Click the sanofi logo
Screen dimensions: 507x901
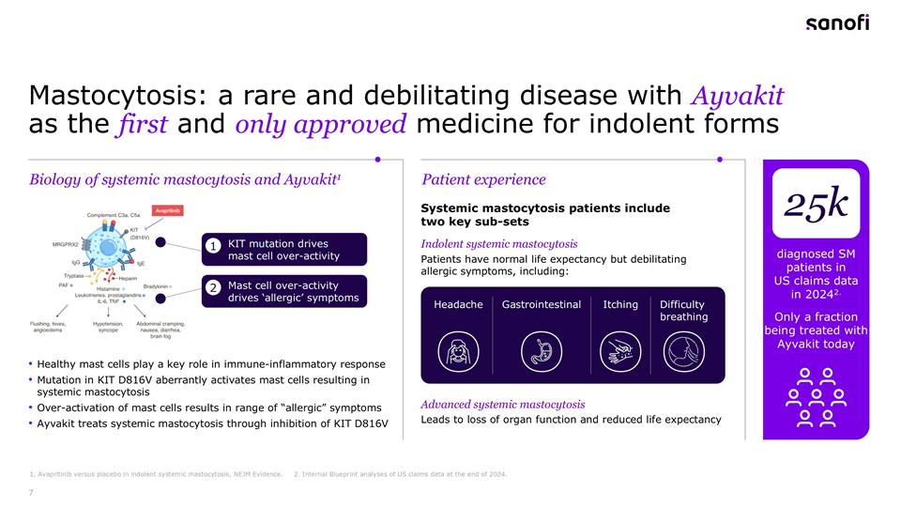837,23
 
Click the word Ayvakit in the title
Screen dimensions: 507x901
736,97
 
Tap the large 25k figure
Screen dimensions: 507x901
816,205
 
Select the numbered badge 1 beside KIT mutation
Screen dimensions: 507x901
214,246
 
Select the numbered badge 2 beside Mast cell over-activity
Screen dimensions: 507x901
214,288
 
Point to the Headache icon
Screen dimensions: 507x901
458,352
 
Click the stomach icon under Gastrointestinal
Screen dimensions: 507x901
541,352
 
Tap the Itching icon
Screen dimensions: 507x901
619,352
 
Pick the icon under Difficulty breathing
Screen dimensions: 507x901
683,352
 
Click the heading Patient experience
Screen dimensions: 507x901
483,179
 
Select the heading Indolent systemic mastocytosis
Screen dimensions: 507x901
498,244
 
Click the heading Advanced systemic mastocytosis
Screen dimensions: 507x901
502,404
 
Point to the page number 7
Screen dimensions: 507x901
33,490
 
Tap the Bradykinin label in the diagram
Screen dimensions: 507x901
156,285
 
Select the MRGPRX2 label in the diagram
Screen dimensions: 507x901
65,244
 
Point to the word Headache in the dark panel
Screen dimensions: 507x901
458,304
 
